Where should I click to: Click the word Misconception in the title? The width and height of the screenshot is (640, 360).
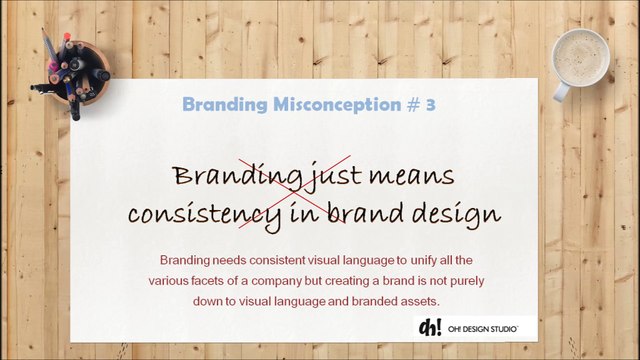[x=337, y=104]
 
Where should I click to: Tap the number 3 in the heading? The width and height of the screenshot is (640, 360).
[x=431, y=105]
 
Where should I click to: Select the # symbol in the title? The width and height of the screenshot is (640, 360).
[x=413, y=105]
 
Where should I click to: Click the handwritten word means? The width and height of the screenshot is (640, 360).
[x=411, y=176]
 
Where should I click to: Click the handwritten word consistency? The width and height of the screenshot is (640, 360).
[x=204, y=214]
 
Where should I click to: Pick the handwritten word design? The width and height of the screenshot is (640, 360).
[x=456, y=214]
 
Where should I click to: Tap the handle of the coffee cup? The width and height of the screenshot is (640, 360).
[x=561, y=92]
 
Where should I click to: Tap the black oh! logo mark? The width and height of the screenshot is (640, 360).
[x=430, y=327]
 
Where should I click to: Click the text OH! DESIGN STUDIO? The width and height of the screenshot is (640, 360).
[x=483, y=329]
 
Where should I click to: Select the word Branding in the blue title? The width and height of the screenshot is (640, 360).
[x=225, y=105]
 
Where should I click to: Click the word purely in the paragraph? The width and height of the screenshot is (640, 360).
[x=467, y=281]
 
